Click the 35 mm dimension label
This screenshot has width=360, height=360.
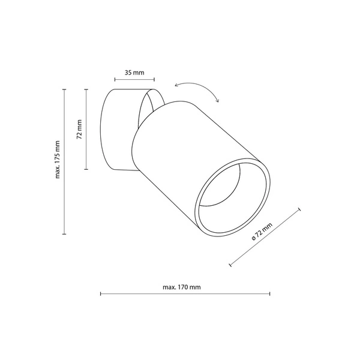tap(134, 73)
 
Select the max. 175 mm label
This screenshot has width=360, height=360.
tap(58, 161)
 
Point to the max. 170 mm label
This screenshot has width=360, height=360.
tap(181, 287)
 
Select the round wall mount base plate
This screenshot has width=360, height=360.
tap(114, 130)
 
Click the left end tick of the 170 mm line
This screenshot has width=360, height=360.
tap(100, 294)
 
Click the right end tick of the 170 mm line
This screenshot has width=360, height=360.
tap(270, 294)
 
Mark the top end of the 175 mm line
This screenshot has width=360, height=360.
tap(65, 89)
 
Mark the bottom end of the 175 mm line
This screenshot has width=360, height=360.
tap(65, 233)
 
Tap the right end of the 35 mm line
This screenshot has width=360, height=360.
tap(154, 79)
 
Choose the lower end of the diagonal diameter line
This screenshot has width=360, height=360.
tap(230, 264)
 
